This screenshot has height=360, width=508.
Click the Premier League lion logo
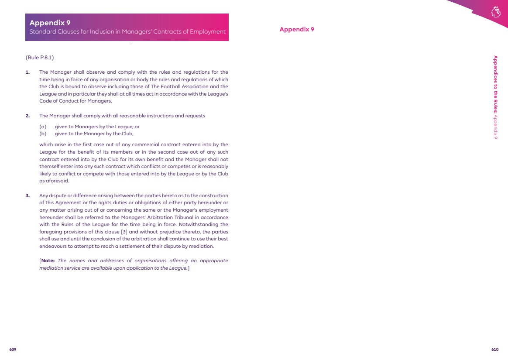[x=495, y=12]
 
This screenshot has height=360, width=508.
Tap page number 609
[x=13, y=350]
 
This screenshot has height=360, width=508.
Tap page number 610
[x=495, y=350]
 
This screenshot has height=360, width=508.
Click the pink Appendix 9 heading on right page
[x=297, y=30]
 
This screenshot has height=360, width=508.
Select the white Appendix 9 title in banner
[x=50, y=23]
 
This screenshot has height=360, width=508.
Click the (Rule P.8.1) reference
[x=40, y=58]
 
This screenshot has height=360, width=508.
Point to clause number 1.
[x=27, y=72]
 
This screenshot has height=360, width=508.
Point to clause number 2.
[x=27, y=116]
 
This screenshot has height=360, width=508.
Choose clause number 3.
[x=27, y=195]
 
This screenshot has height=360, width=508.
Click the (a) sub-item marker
[x=43, y=127]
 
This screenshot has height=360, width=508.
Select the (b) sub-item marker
[x=43, y=134]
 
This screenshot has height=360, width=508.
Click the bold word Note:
[x=48, y=261]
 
